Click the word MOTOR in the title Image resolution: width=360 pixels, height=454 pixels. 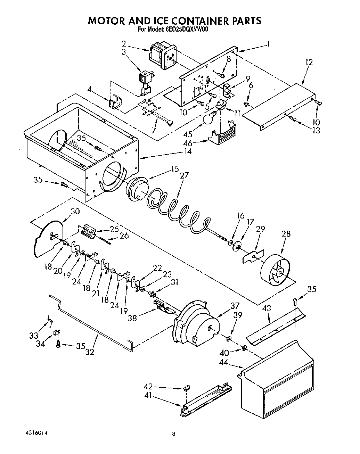tap(107, 20)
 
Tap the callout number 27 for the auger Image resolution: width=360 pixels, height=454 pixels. tap(184, 176)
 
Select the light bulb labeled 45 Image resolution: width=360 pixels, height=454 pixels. tap(208, 119)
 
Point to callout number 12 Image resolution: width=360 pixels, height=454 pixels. tap(309, 63)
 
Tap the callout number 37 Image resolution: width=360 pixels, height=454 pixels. tap(235, 306)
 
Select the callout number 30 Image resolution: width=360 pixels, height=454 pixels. tap(75, 211)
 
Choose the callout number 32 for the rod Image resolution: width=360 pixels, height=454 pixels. tap(90, 352)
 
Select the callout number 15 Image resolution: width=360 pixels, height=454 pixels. tap(174, 169)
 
